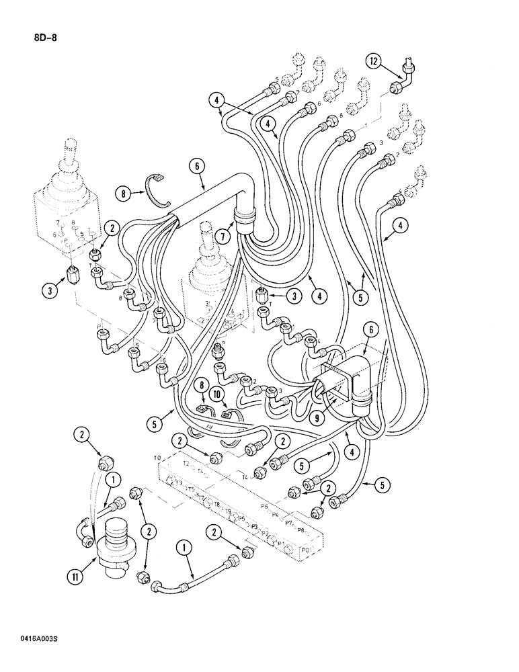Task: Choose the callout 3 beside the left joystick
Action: click(x=48, y=291)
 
